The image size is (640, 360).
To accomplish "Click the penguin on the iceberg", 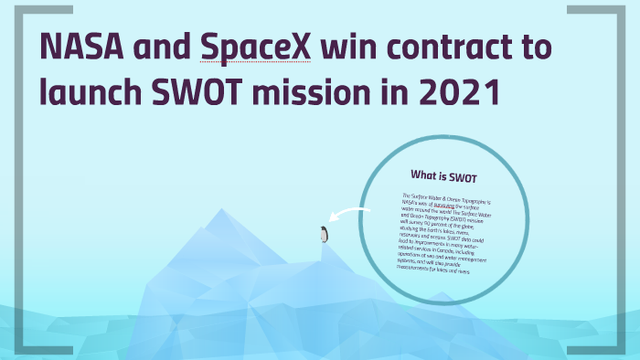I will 323,235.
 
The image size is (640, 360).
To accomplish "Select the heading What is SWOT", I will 443,175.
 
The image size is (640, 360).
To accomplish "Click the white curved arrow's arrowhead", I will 333,219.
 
